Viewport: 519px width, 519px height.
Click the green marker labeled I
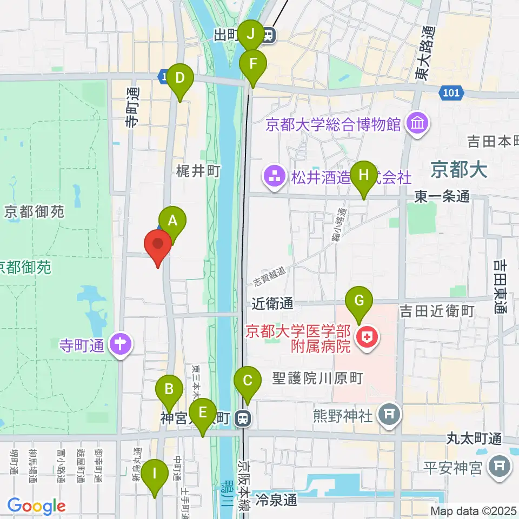pyautogui.click(x=155, y=475)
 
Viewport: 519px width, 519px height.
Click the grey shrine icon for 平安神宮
pyautogui.click(x=500, y=465)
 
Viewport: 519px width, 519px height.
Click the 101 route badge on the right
pyautogui.click(x=450, y=93)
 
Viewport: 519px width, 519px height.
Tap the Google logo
pyautogui.click(x=36, y=506)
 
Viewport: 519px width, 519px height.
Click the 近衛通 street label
pyautogui.click(x=273, y=304)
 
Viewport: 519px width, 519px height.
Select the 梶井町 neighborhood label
pyautogui.click(x=198, y=172)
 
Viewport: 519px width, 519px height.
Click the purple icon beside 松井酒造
pyautogui.click(x=275, y=177)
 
